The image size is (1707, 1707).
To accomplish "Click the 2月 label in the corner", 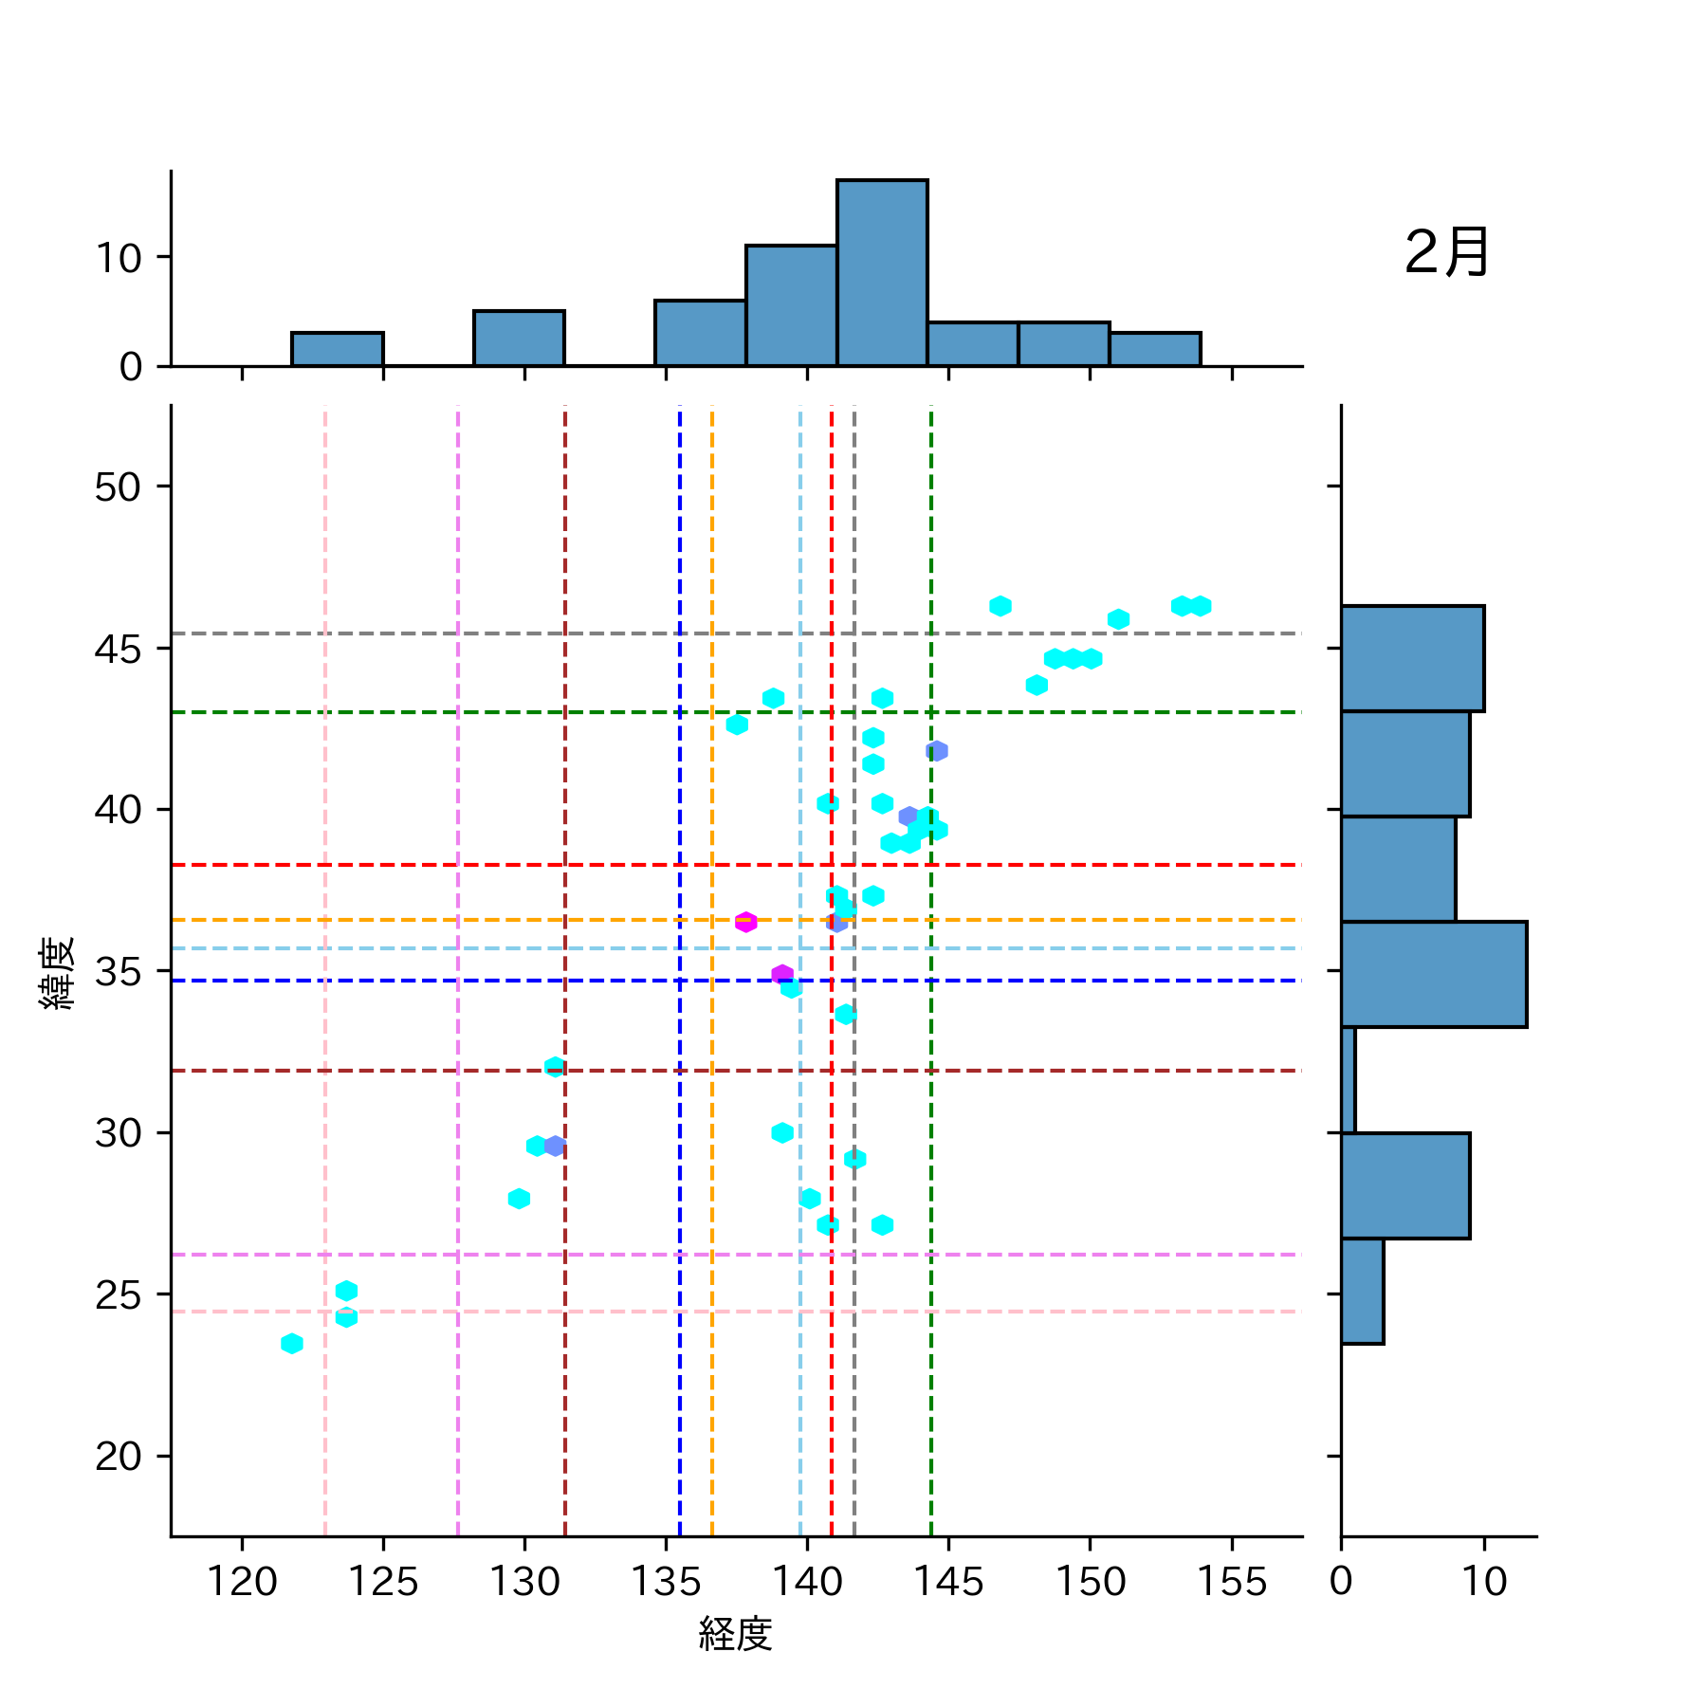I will tap(1445, 252).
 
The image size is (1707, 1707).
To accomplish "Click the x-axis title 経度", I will tap(735, 1633).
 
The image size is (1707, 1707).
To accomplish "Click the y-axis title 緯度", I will tap(57, 972).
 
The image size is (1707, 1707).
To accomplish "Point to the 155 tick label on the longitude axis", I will tap(1231, 1582).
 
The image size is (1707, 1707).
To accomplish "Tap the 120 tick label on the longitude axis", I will tap(242, 1582).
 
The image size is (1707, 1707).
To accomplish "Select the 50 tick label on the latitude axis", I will tap(118, 487).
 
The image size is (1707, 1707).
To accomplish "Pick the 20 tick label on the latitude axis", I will tap(118, 1457).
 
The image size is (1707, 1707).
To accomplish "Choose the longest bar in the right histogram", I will tap(1433, 974).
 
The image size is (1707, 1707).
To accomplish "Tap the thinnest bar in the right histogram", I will tap(1348, 1080).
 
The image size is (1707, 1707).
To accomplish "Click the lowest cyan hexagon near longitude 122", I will tap(292, 1343).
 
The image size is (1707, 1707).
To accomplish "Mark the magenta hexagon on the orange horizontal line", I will tap(746, 922).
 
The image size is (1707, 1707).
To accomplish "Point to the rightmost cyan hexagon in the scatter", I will tap(1200, 606).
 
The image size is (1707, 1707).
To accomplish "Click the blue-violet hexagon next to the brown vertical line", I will tap(555, 1146).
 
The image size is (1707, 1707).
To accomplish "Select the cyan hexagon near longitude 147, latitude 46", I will tap(1000, 606).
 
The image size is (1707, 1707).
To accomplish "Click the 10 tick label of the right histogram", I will tap(1483, 1582).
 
